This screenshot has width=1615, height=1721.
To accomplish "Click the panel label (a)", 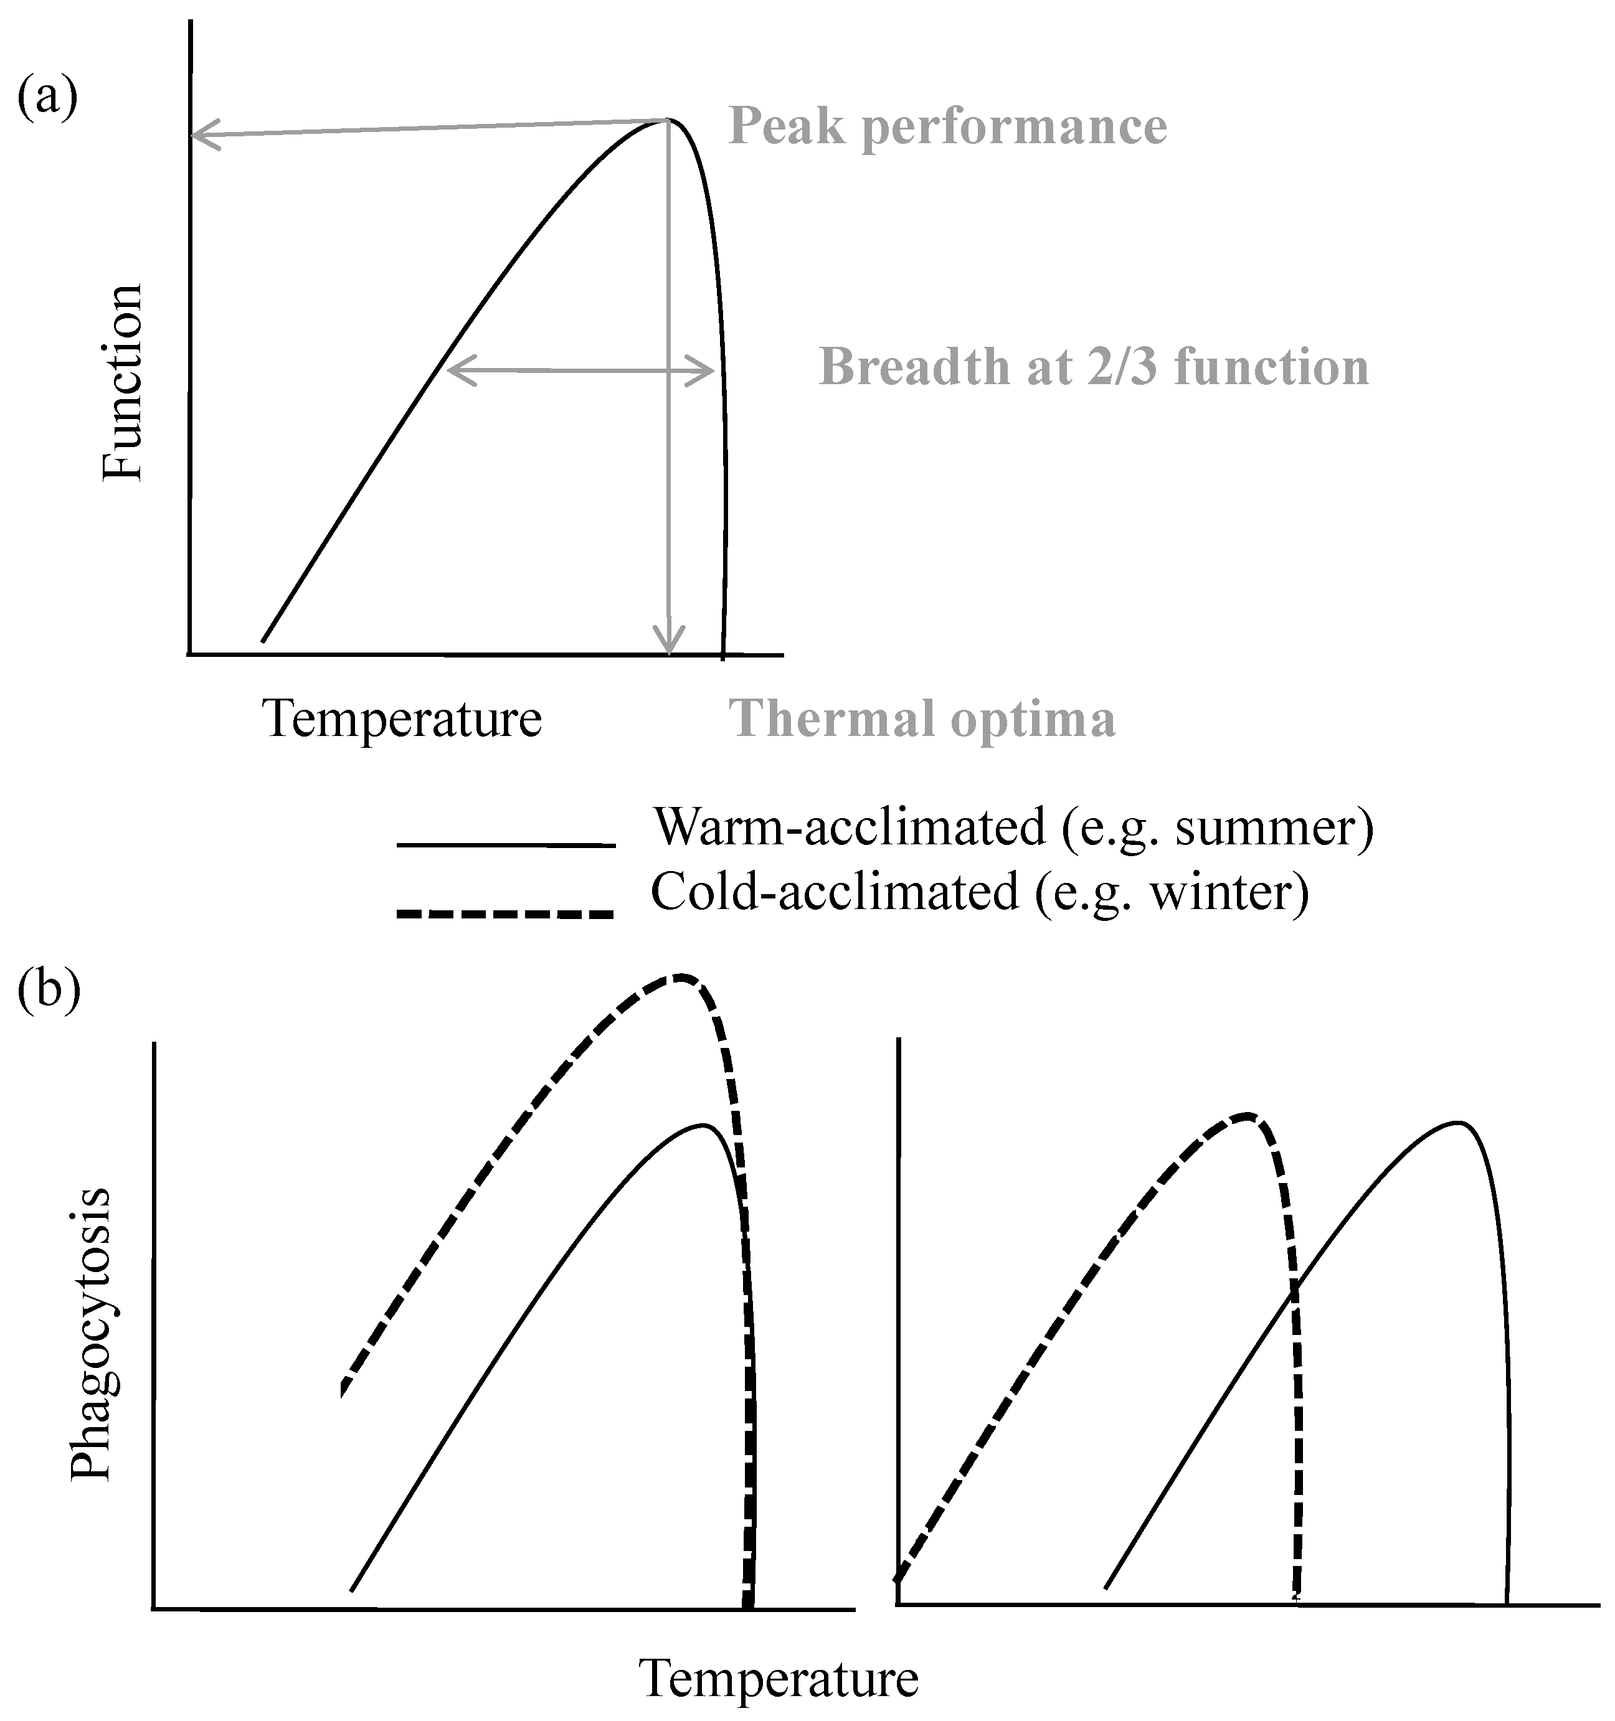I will (x=47, y=97).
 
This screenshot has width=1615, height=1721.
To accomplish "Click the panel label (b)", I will (x=49, y=989).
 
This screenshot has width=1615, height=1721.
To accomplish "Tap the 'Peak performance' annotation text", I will (x=947, y=126).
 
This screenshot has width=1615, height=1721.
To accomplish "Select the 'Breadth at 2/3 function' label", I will (x=1094, y=367).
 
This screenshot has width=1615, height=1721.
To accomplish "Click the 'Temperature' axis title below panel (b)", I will (x=779, y=1679).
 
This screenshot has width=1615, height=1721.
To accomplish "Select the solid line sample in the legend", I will (x=506, y=844).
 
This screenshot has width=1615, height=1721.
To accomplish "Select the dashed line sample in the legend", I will (x=506, y=913).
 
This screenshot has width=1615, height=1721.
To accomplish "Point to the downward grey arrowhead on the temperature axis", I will (x=668, y=641).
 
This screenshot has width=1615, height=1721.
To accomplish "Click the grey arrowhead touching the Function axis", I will (x=202, y=135).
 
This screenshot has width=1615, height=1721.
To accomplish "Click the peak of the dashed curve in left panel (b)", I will (x=683, y=976).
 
